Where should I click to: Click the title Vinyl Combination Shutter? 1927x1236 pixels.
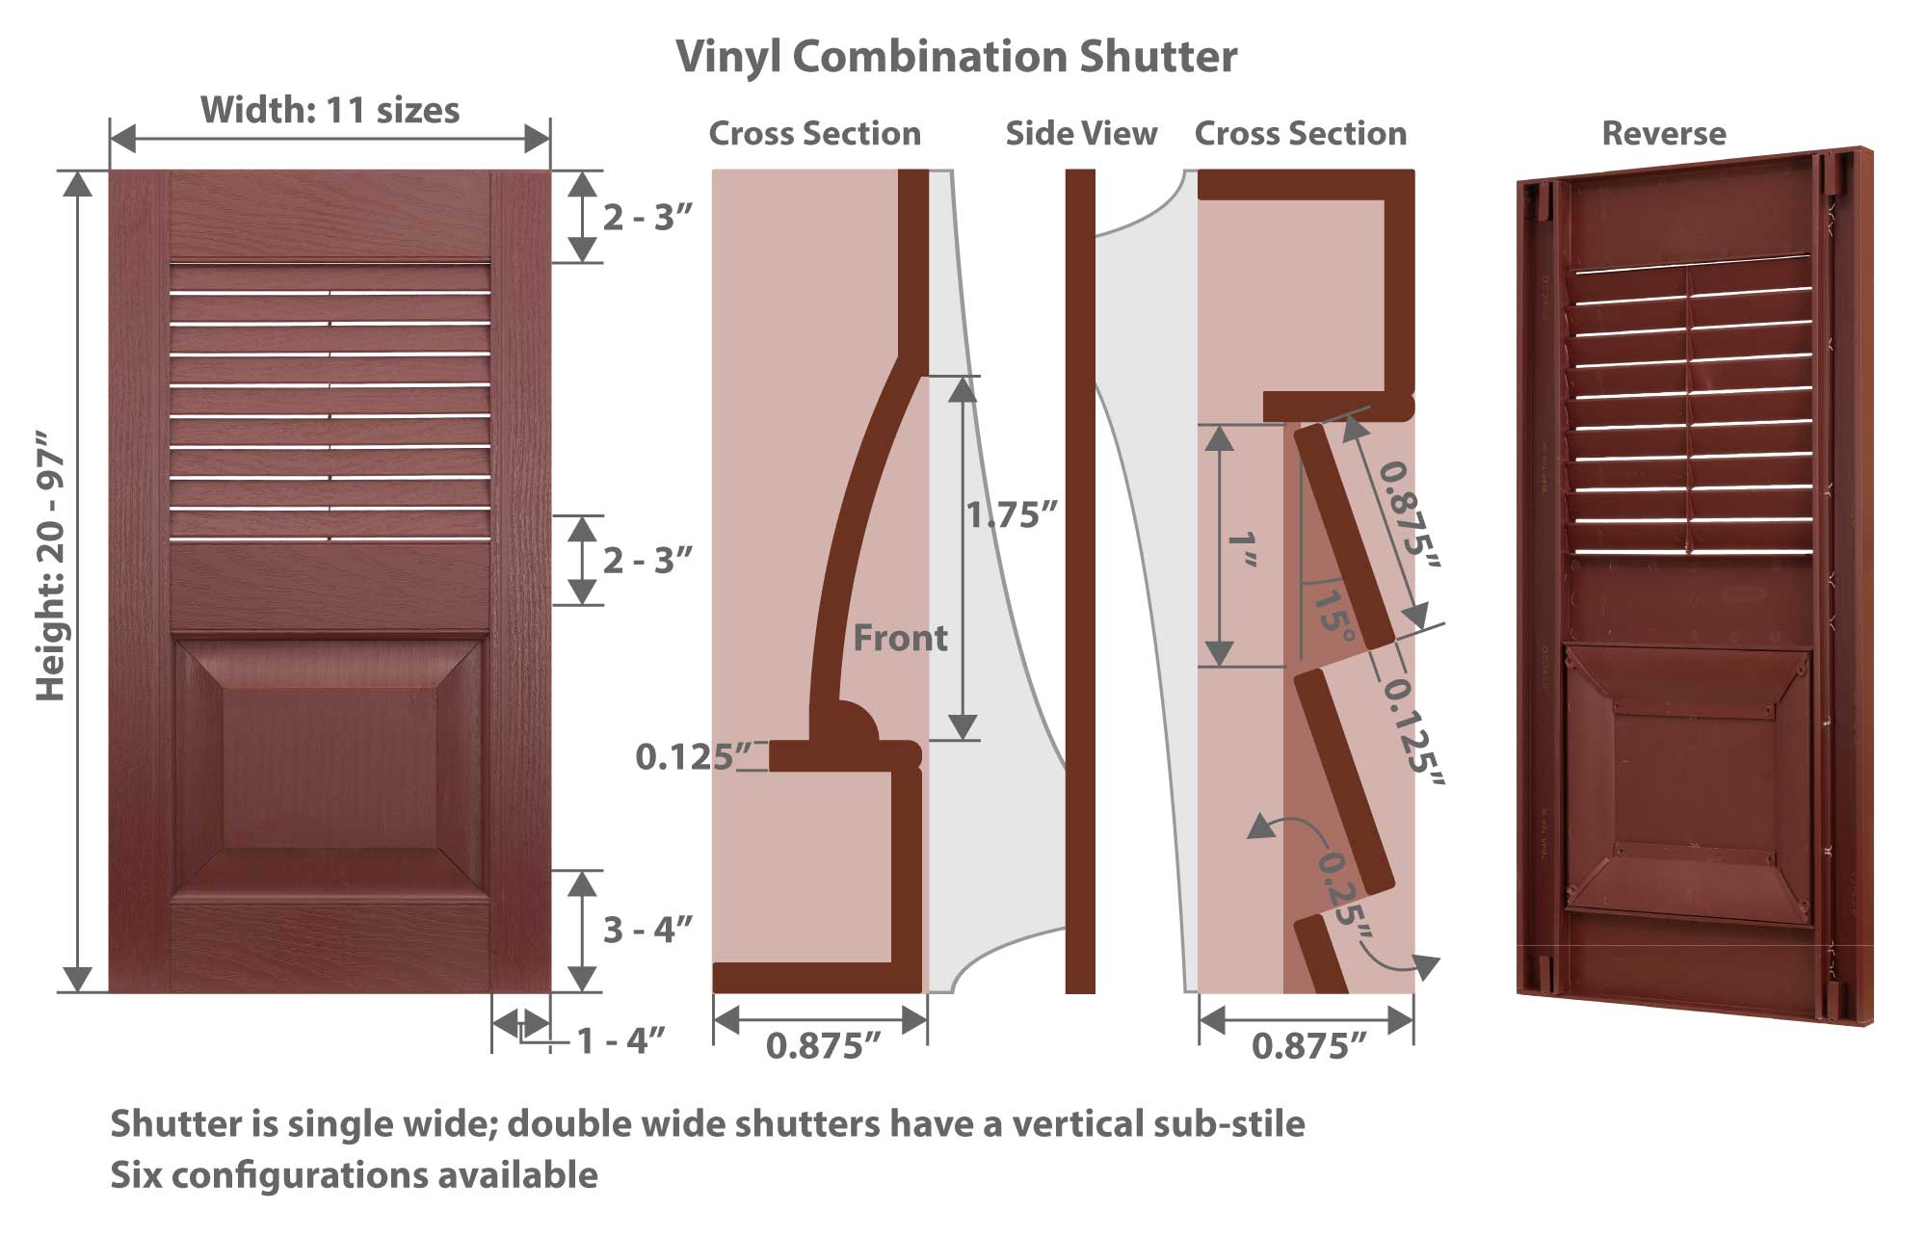click(x=956, y=57)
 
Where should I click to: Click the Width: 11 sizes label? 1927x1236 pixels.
click(x=330, y=110)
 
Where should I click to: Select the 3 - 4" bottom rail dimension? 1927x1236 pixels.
click(x=648, y=930)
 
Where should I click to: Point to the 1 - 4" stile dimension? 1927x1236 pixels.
click(x=621, y=1040)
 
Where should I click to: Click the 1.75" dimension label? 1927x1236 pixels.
click(x=1013, y=515)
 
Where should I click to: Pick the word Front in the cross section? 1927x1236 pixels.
click(x=901, y=638)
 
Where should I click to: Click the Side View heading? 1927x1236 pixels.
click(x=1081, y=133)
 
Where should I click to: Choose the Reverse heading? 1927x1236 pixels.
click(x=1664, y=133)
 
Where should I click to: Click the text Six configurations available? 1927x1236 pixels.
click(x=354, y=1175)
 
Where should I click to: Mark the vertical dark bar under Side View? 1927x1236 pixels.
click(x=1080, y=581)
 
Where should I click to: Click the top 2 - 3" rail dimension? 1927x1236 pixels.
click(x=648, y=218)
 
